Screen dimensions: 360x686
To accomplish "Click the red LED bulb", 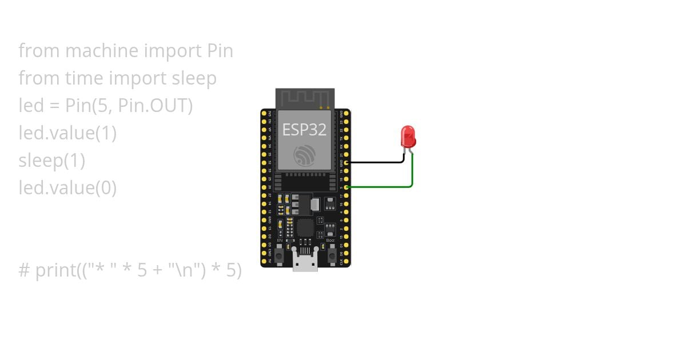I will click(409, 136).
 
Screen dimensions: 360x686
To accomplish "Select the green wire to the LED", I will click(380, 187).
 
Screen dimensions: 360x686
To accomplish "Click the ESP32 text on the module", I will click(304, 130).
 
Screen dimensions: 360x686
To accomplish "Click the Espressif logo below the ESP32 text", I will click(304, 155).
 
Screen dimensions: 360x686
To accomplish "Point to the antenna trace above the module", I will click(304, 98).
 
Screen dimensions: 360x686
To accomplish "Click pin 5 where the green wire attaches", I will click(346, 187).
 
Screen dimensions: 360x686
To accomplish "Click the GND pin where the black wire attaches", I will click(346, 162).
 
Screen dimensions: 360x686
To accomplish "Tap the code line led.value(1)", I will click(67, 133).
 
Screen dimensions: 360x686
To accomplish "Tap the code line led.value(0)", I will click(67, 188).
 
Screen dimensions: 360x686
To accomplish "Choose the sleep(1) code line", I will click(51, 161).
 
